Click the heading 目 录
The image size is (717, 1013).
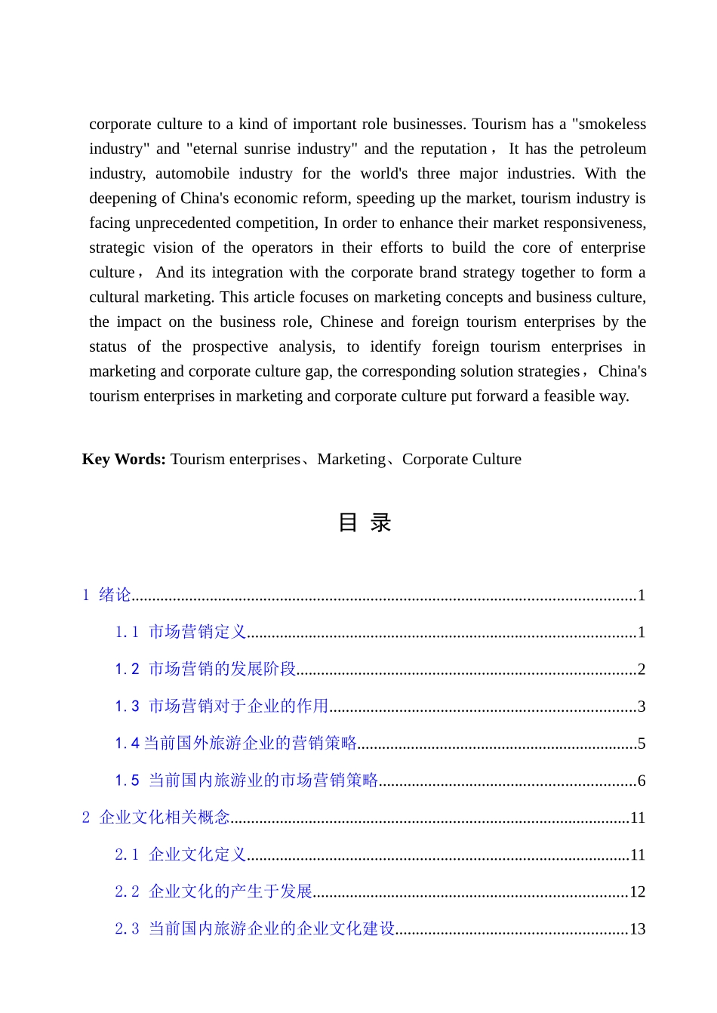point(365,522)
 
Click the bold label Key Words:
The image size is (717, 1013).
point(124,459)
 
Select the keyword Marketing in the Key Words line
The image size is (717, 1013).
point(351,459)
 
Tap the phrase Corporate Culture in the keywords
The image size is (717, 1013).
point(461,459)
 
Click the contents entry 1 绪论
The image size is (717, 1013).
point(107,595)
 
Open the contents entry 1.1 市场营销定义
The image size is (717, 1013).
point(181,632)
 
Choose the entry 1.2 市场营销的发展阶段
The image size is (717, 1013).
point(205,669)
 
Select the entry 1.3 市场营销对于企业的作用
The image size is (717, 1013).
point(222,706)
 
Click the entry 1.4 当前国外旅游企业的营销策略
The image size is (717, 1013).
point(236,743)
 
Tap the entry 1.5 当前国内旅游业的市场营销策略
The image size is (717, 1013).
point(247,780)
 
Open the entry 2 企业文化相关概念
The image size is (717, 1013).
point(156,817)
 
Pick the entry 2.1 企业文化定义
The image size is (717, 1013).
point(181,854)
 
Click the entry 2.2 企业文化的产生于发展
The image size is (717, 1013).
point(214,891)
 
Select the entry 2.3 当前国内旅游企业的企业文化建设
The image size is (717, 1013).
point(255,928)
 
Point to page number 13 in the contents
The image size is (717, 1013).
point(637,928)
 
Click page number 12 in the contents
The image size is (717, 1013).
point(637,891)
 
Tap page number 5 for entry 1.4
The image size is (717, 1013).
point(642,744)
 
